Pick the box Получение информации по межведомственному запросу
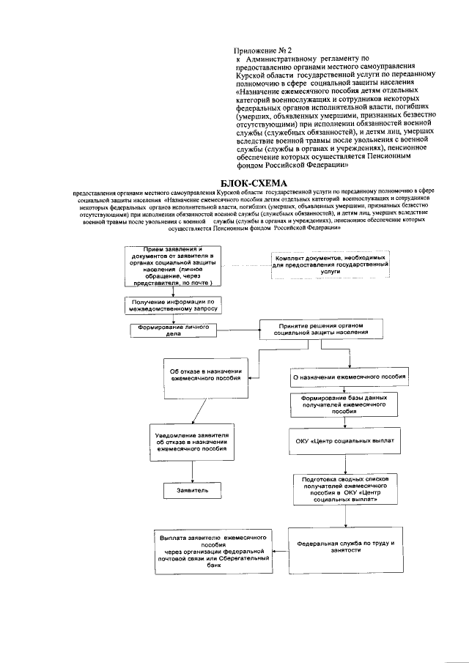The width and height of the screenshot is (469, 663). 174,305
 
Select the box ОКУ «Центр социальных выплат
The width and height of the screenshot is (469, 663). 344,442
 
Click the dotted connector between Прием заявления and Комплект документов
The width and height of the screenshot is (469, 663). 245,265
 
